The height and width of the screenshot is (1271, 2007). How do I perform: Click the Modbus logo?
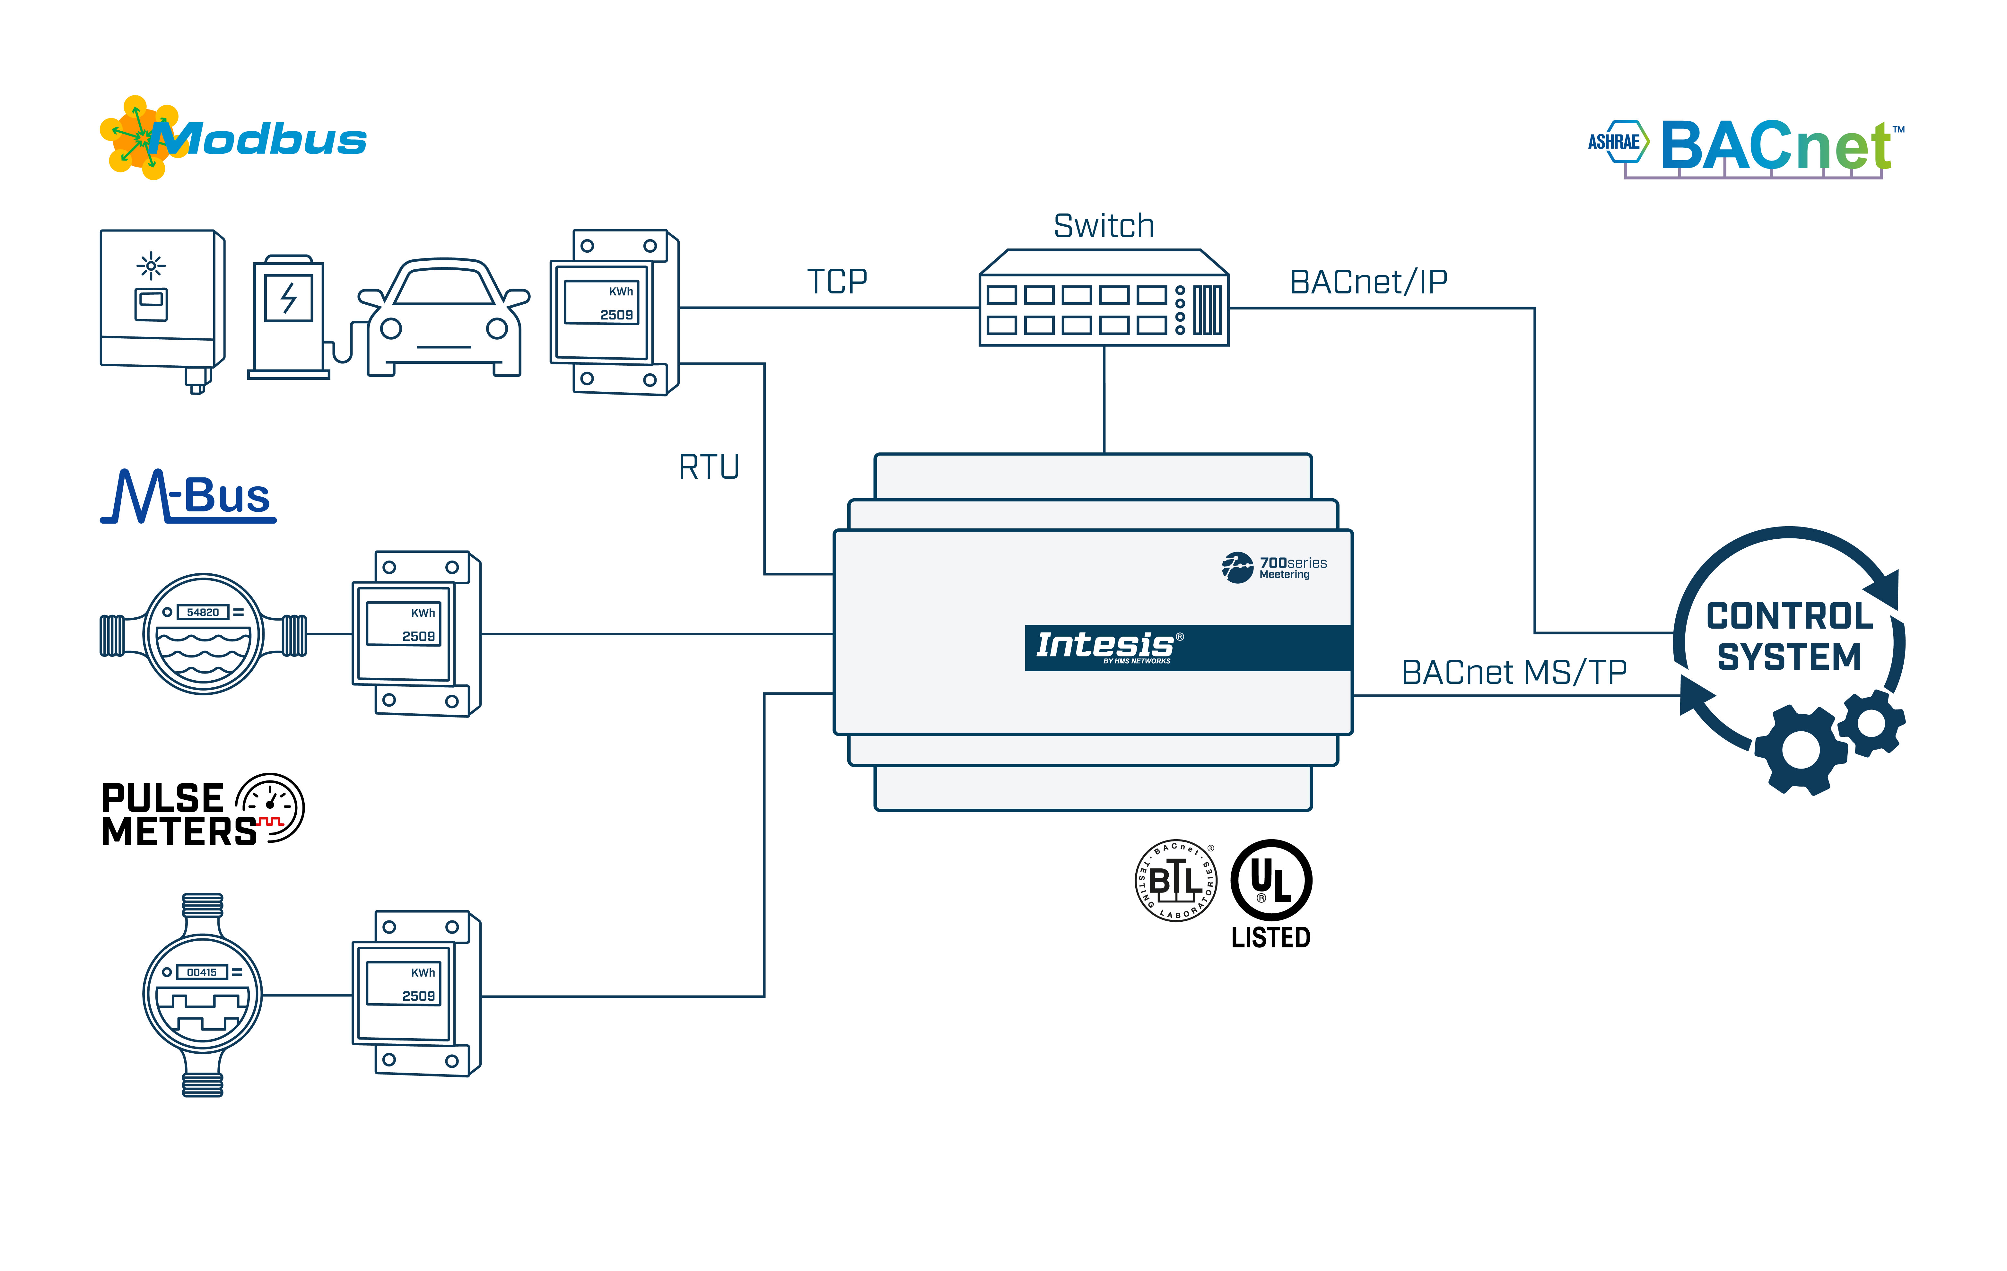point(233,139)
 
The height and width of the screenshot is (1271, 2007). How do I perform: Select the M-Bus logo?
point(188,497)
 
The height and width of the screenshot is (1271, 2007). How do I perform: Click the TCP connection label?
point(837,282)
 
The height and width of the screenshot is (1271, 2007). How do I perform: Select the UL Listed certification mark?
point(1271,893)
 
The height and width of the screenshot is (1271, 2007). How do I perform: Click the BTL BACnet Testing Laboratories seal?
point(1176,881)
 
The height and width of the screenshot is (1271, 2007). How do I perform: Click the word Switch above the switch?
point(1104,226)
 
